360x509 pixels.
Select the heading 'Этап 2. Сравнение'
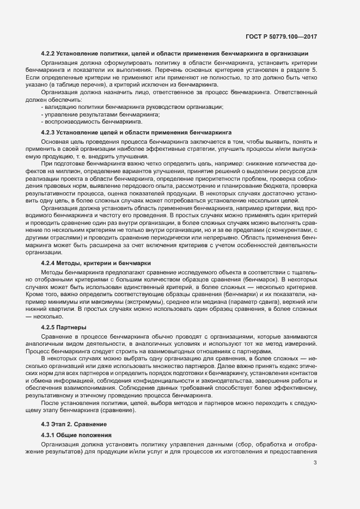[80, 424]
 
